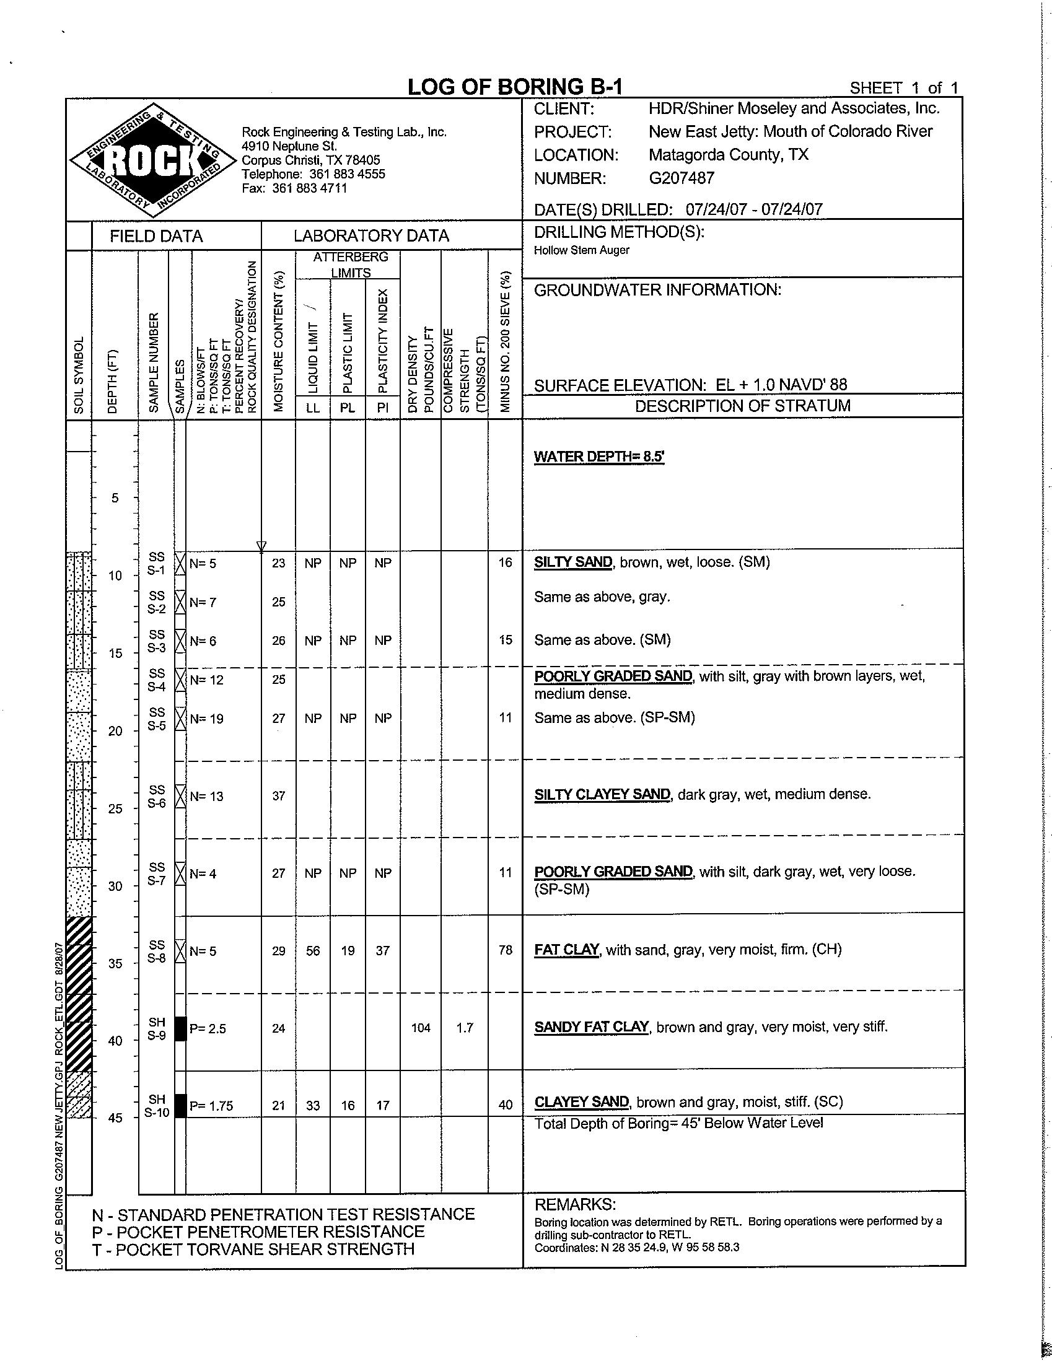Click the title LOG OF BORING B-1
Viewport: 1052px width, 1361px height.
[x=515, y=87]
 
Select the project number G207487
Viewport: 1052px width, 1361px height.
[x=681, y=178]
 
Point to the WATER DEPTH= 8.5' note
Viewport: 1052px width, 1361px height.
[x=599, y=457]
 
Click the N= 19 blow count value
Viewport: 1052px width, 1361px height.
[x=206, y=719]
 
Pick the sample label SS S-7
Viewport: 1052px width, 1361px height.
[x=157, y=873]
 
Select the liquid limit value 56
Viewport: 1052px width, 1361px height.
[x=313, y=950]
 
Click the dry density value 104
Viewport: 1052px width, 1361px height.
[x=421, y=1028]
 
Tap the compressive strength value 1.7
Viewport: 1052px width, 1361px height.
[x=465, y=1028]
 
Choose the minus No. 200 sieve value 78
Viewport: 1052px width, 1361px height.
[x=506, y=950]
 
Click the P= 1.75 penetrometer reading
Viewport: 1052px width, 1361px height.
[x=211, y=1106]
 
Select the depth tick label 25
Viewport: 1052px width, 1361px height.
[x=115, y=809]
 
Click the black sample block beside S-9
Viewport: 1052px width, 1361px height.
[x=180, y=1028]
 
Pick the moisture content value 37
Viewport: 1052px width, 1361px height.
[x=279, y=796]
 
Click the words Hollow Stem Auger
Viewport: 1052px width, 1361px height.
[x=582, y=250]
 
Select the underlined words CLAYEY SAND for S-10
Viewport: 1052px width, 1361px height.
[x=582, y=1102]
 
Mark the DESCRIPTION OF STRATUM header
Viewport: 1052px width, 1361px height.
[x=742, y=406]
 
